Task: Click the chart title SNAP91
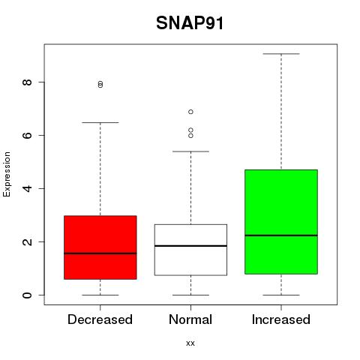(x=190, y=23)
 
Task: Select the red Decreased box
(x=100, y=247)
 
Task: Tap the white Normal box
(x=190, y=250)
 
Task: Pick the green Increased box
(x=281, y=222)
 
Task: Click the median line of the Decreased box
(x=100, y=253)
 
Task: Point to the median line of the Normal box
(x=190, y=246)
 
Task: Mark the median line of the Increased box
(x=281, y=235)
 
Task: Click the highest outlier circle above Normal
(x=190, y=112)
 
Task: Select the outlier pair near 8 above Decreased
(x=100, y=84)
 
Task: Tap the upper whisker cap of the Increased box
(x=281, y=54)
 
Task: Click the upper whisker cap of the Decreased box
(x=100, y=122)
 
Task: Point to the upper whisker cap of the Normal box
(x=190, y=151)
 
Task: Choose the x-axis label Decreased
(x=100, y=319)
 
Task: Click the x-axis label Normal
(x=190, y=319)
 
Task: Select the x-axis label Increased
(x=281, y=319)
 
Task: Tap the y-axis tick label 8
(x=27, y=82)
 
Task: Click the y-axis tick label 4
(x=27, y=188)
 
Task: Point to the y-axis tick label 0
(x=27, y=295)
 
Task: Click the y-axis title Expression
(x=7, y=174)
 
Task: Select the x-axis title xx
(x=190, y=343)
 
